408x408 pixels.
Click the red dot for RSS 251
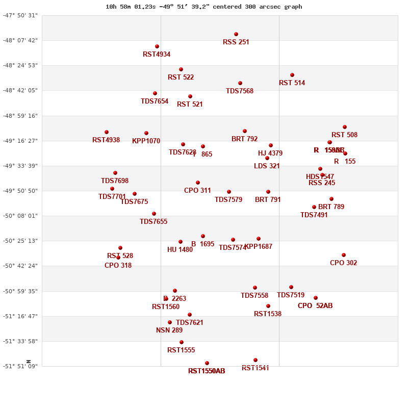tap(236, 34)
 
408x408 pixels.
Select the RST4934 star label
tap(157, 55)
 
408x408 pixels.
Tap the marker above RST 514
tap(292, 75)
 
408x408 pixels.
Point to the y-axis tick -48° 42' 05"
tap(20, 90)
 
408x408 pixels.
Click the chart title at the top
tap(204, 7)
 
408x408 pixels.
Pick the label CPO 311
tap(197, 191)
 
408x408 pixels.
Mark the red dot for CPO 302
tap(344, 255)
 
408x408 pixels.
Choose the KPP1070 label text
tap(146, 141)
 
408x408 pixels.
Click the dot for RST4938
tap(107, 132)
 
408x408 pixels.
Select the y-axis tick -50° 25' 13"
tap(20, 241)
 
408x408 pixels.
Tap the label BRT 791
tap(268, 200)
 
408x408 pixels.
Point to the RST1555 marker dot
tap(182, 342)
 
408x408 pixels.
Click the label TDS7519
tap(291, 295)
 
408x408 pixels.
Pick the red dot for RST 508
tap(345, 127)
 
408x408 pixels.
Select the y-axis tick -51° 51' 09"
tap(20, 366)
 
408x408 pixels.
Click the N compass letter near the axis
tap(29, 362)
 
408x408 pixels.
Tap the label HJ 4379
tap(270, 154)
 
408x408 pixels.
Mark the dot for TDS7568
tap(240, 83)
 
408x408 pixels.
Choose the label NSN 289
tap(169, 330)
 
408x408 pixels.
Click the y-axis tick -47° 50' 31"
tap(20, 15)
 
